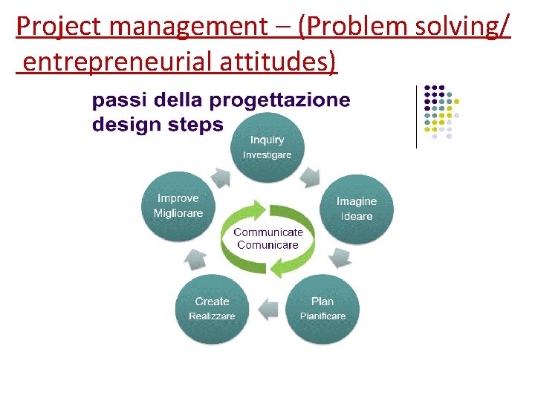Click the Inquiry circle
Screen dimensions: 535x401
click(267, 147)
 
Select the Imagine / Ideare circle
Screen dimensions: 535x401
click(356, 209)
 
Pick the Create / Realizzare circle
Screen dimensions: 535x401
click(212, 309)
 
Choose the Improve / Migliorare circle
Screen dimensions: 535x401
click(178, 206)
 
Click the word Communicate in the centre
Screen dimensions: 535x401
click(268, 232)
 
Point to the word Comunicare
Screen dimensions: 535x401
click(267, 245)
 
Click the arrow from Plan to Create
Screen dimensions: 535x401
click(267, 307)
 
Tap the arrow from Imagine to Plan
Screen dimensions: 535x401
click(340, 257)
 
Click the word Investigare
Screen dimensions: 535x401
click(267, 155)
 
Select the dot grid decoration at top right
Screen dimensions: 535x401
click(441, 112)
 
